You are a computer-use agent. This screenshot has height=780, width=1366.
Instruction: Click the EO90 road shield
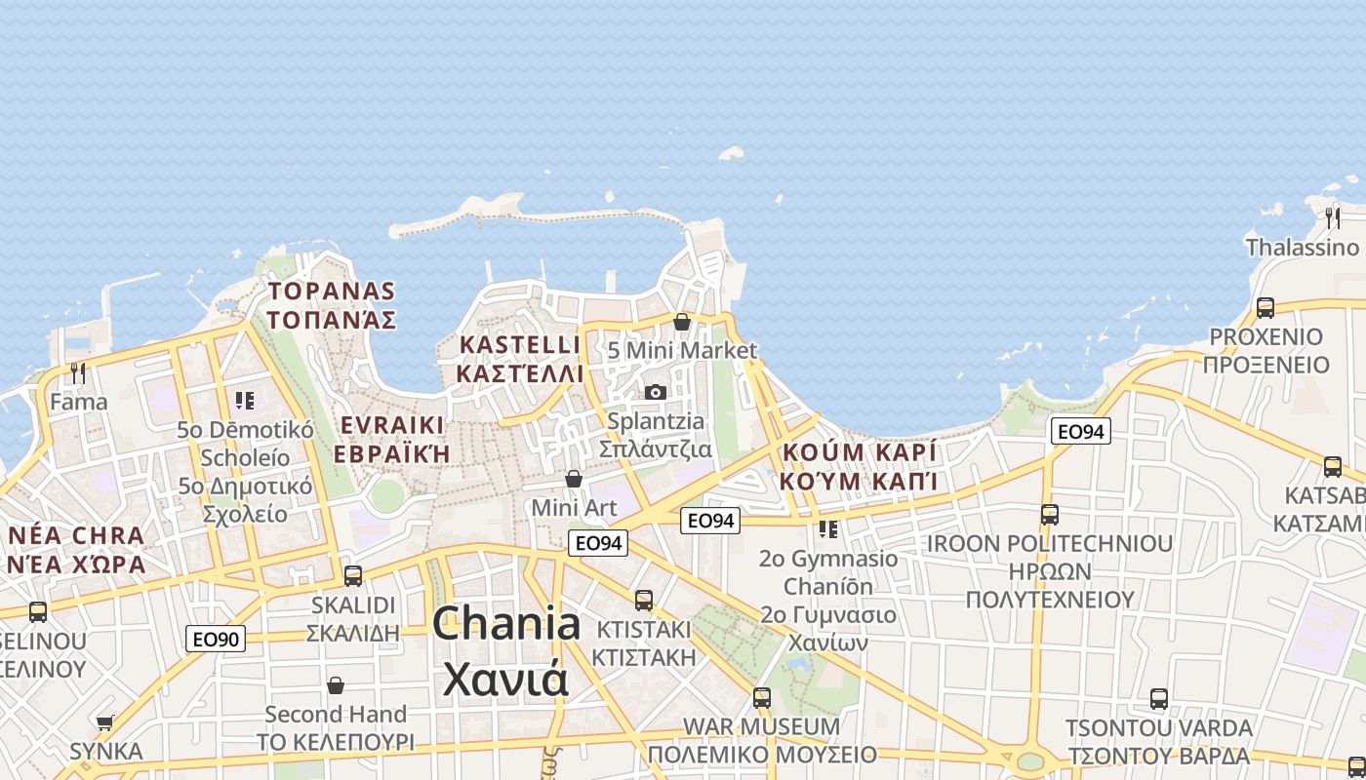coord(216,640)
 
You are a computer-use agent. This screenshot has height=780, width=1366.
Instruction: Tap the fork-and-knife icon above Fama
coord(78,372)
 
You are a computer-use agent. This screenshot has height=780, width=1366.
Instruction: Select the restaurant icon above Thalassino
coord(1333,217)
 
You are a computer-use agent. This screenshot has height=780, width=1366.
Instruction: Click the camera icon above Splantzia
coord(656,392)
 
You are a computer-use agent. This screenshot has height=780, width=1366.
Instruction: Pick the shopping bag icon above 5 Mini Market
coord(682,321)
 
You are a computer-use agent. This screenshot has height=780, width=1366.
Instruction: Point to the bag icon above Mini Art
coord(574,479)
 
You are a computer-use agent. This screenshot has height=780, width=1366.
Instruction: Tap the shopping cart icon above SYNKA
coord(104,722)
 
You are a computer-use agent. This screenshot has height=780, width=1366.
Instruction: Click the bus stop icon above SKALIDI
coord(353,575)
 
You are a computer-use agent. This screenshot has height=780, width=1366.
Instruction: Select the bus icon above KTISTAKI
coord(644,600)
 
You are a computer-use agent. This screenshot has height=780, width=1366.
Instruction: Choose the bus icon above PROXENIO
coord(1266,307)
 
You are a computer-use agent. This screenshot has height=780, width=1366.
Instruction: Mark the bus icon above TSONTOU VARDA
coord(1159,698)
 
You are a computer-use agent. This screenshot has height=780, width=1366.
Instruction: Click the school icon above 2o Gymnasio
coord(828,529)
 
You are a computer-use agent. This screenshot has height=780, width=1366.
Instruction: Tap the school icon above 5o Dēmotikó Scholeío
coord(244,400)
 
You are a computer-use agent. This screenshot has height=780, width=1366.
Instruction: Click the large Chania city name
coord(506,649)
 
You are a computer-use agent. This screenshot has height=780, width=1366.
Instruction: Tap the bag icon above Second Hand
coord(336,685)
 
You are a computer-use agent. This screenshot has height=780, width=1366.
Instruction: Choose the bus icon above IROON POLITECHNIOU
coord(1050,514)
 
